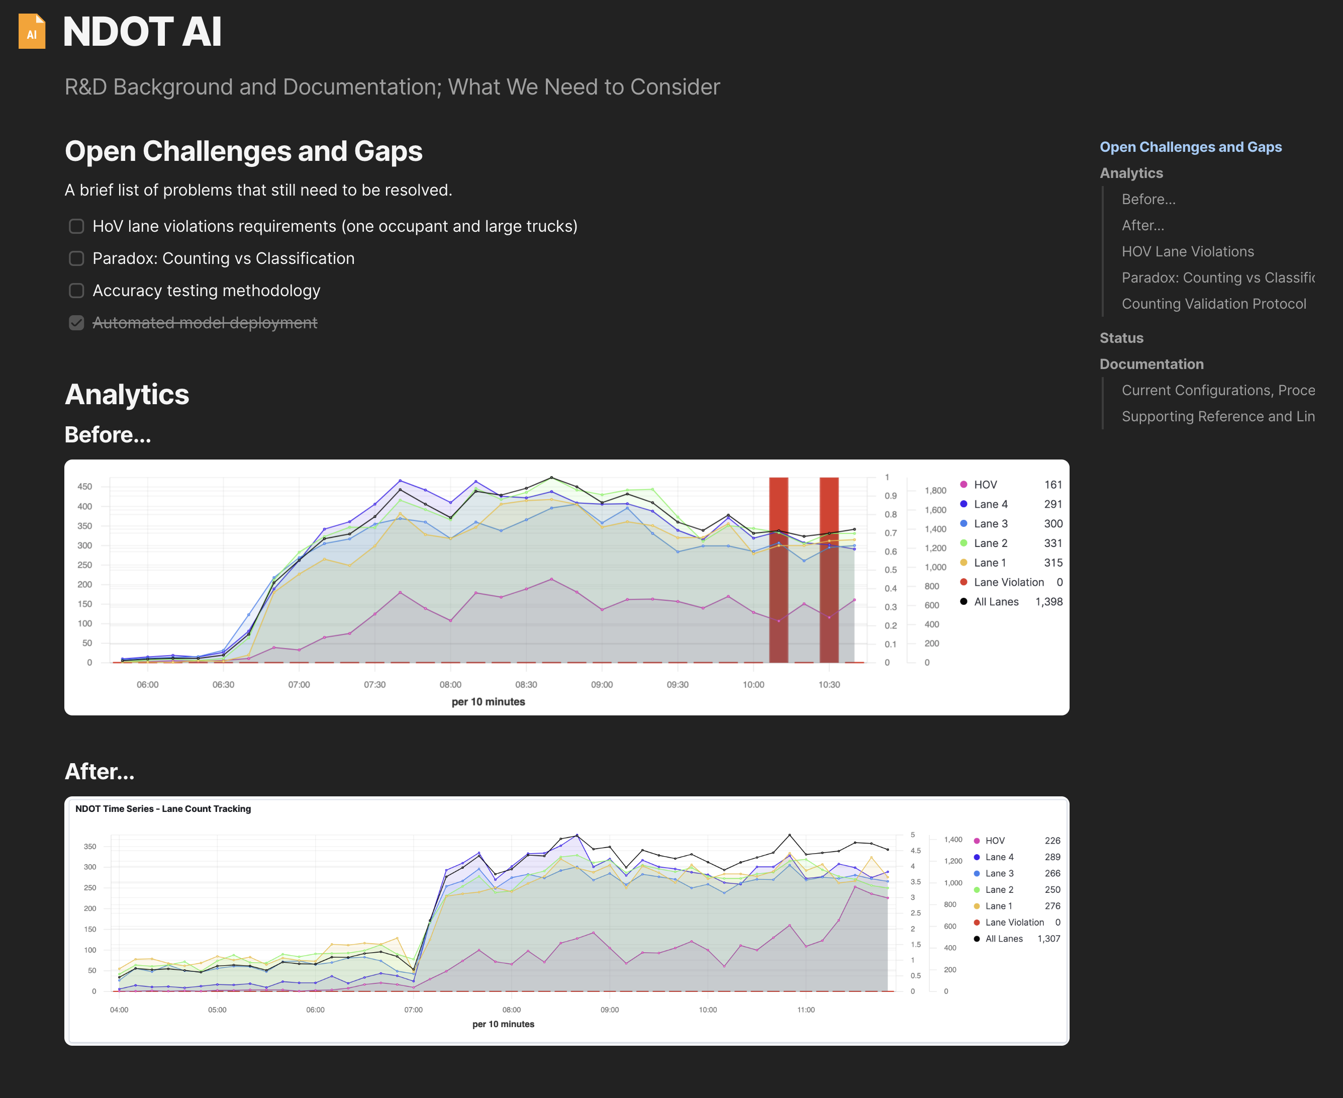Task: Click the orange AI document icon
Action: [x=32, y=31]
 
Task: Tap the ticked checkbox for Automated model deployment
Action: [x=76, y=323]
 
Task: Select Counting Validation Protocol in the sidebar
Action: [x=1213, y=304]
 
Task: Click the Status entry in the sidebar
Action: [x=1121, y=338]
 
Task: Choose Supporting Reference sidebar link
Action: [x=1217, y=416]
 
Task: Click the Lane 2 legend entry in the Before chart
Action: [x=990, y=543]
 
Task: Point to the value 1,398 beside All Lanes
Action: [x=1048, y=601]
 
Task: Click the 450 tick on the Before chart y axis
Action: [x=85, y=486]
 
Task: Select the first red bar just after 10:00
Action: [x=779, y=569]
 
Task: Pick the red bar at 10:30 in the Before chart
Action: [x=829, y=569]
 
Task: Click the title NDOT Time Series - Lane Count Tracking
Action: [x=163, y=808]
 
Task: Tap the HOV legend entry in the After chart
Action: [x=994, y=841]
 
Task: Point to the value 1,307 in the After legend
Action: [x=1048, y=939]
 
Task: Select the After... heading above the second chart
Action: [x=100, y=771]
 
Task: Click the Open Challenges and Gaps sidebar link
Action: [x=1190, y=147]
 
